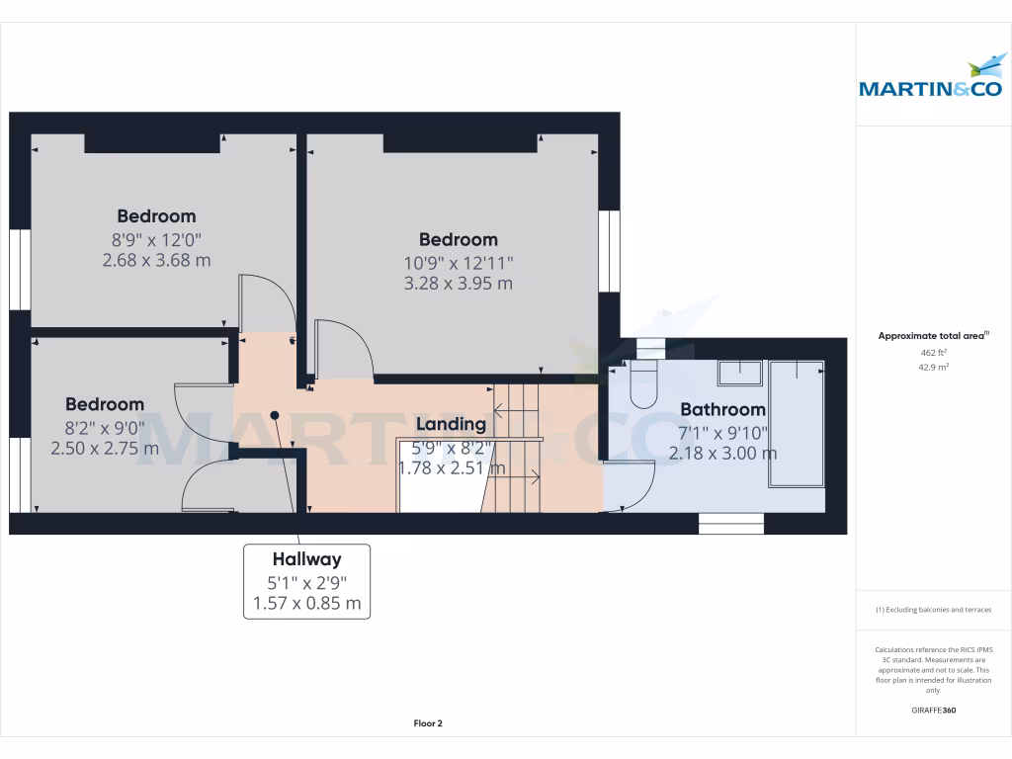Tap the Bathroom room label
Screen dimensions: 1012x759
tap(722, 409)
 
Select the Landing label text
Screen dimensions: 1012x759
tap(451, 424)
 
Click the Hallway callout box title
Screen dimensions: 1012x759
tap(306, 559)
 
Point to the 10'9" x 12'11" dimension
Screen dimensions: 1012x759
tap(459, 263)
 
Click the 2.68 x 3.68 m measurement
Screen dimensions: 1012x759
tap(156, 260)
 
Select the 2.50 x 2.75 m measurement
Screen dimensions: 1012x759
tap(105, 448)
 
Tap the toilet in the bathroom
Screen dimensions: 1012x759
tap(642, 383)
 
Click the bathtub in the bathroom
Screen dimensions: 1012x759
tap(797, 423)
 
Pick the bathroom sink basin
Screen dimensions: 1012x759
tap(740, 373)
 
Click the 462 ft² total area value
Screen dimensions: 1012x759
tap(933, 353)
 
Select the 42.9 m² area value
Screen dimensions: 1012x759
tap(933, 367)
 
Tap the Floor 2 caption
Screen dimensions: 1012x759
tap(428, 723)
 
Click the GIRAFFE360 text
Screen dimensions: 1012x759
tap(933, 710)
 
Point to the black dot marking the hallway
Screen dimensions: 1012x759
tap(275, 415)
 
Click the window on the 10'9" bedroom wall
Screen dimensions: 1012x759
tap(609, 251)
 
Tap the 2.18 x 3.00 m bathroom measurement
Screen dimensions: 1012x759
tap(722, 453)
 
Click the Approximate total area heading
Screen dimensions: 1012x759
tap(933, 336)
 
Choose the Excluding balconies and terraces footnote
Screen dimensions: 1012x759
tap(933, 610)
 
